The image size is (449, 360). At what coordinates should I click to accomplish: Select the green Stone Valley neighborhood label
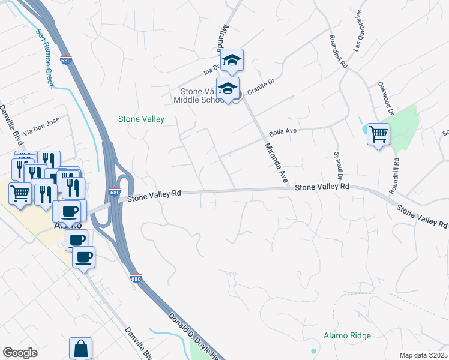(x=141, y=119)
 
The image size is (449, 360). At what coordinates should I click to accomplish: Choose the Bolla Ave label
(x=283, y=131)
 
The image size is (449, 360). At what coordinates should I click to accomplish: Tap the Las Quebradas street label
(x=361, y=23)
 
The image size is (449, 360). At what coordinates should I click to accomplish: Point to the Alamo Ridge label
(x=347, y=336)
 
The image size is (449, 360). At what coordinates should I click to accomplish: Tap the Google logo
(x=20, y=353)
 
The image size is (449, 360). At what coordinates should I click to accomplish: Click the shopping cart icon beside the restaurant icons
(x=20, y=193)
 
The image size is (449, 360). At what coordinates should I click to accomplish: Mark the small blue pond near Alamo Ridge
(x=313, y=350)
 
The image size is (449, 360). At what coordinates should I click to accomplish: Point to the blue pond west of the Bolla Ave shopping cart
(x=366, y=129)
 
